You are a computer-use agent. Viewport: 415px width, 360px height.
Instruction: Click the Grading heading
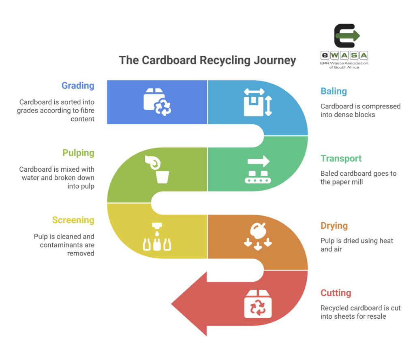pos(78,86)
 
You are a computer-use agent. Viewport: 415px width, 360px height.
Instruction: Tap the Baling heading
pos(334,91)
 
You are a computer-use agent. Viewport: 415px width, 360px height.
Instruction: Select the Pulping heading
pos(78,153)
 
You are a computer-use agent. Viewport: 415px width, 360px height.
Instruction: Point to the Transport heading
pos(341,158)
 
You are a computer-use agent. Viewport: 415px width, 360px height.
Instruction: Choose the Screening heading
pos(73,220)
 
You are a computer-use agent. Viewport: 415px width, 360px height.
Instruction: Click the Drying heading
pos(334,226)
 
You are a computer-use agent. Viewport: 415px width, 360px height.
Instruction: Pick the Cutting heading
pos(336,293)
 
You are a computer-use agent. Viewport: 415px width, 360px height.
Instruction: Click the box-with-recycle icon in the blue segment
pos(157,102)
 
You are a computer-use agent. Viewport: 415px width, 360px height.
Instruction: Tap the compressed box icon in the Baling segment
pos(257,102)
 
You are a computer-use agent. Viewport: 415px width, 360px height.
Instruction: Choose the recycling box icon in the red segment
pos(258,304)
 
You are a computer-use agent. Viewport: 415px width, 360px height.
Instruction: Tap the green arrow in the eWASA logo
pos(347,36)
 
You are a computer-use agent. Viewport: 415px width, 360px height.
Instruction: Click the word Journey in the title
pos(275,60)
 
